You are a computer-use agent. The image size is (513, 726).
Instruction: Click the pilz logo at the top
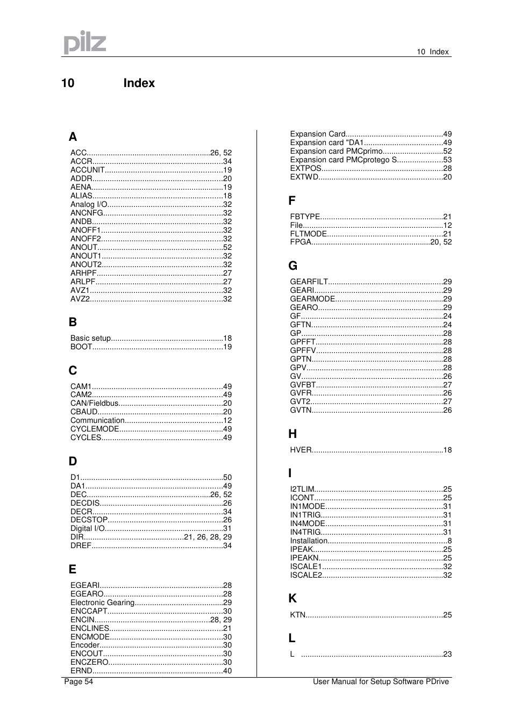click(85, 42)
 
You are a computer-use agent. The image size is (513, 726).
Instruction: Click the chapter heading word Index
click(139, 83)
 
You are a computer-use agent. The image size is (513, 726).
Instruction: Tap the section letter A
click(73, 137)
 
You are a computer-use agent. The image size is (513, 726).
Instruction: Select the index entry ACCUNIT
click(88, 170)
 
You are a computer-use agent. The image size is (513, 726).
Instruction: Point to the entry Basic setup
click(90, 338)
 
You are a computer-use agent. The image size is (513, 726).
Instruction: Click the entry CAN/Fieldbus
click(95, 403)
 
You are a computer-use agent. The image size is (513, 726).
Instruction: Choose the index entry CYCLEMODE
click(95, 429)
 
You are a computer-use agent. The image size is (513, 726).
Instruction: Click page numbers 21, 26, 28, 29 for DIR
click(208, 537)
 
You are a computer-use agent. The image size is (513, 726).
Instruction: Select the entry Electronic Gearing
click(102, 602)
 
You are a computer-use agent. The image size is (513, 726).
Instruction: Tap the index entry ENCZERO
click(89, 662)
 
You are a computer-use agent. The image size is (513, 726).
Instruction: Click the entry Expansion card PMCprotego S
click(343, 160)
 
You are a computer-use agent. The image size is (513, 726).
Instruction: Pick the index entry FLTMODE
click(308, 234)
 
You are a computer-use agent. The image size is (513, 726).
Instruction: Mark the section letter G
click(293, 266)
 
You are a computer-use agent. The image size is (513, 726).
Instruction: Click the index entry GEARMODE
click(312, 299)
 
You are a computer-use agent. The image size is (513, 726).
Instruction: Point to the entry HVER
click(301, 450)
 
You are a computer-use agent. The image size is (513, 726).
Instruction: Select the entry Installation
click(309, 541)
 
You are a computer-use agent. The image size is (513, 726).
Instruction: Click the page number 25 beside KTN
click(447, 615)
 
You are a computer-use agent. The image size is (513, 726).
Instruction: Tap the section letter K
click(293, 599)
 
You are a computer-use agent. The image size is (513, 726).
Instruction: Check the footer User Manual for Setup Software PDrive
click(381, 681)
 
